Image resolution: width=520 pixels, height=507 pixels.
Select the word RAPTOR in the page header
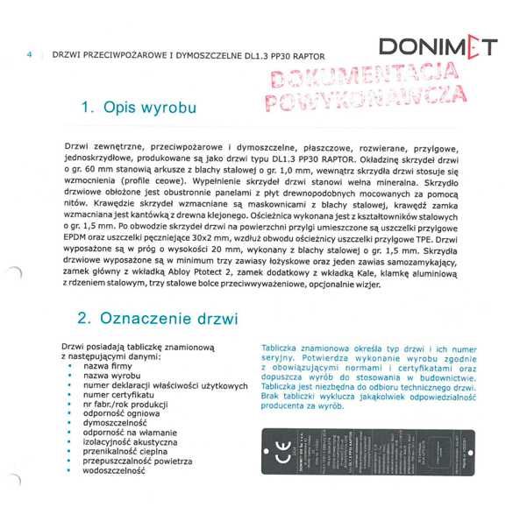click(x=333, y=53)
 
